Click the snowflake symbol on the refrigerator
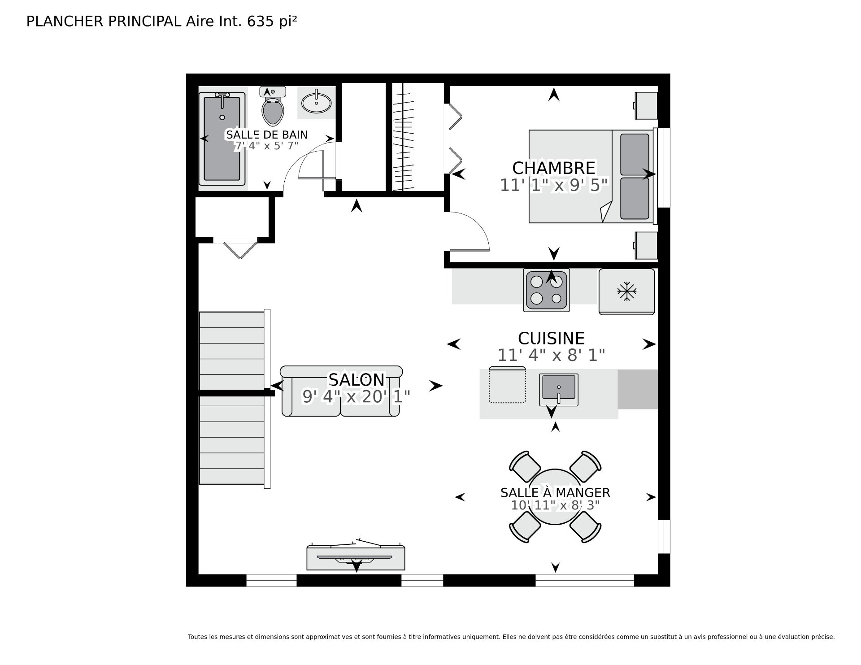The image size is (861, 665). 627,291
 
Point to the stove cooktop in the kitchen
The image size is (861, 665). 546,290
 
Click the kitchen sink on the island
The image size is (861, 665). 559,389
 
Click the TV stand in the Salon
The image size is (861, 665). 356,558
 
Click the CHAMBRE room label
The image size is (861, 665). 554,168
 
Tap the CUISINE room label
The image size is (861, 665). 551,338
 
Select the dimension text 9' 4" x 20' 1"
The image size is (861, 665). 357,397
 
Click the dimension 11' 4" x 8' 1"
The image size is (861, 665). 551,356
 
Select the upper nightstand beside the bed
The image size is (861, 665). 646,105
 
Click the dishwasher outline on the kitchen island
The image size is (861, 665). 507,385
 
